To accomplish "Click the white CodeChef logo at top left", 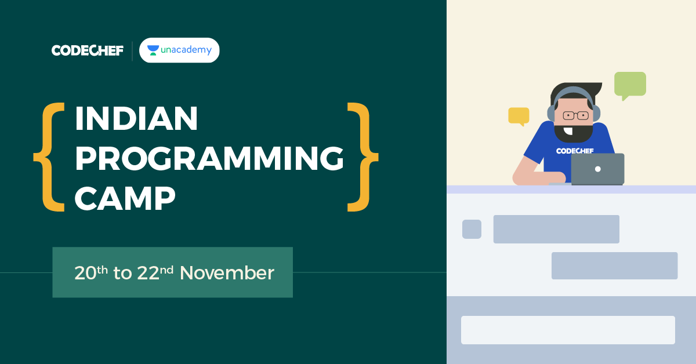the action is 88,50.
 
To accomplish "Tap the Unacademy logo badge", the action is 179,50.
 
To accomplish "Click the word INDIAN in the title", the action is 136,118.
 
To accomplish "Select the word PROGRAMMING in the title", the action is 209,158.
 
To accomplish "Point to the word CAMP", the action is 125,198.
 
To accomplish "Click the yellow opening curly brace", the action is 49,157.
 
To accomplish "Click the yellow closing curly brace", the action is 362,157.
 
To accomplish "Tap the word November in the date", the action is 227,273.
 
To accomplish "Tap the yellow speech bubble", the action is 519,117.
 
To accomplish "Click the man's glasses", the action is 576,115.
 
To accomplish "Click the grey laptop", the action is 597,169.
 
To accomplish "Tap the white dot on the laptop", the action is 598,169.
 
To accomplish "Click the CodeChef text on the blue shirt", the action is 575,151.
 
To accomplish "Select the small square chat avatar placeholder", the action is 472,229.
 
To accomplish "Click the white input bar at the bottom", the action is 568,330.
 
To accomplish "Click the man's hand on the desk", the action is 554,178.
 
